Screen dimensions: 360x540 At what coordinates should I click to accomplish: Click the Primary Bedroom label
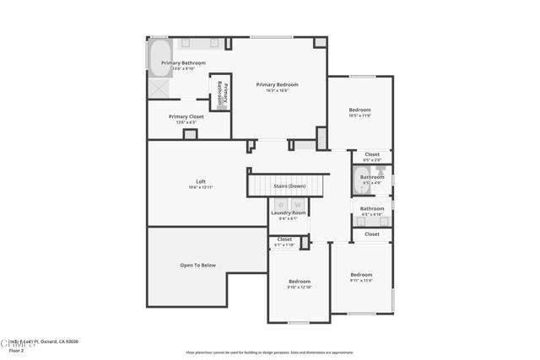278,84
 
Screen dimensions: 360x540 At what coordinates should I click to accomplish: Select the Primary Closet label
186,116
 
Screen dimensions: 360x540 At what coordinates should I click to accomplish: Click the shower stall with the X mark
159,89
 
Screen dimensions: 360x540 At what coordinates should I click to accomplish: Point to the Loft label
201,181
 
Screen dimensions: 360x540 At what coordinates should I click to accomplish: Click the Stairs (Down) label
289,185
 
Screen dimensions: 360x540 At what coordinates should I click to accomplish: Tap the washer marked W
297,205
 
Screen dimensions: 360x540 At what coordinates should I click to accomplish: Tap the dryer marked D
281,205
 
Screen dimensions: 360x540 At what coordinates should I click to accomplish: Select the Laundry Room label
288,212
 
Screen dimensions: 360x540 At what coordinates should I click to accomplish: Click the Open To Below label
198,265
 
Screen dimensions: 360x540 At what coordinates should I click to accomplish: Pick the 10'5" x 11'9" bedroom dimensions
360,116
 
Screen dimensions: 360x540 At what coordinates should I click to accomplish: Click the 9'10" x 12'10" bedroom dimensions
300,287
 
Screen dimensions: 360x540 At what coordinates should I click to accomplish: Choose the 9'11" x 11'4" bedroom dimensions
361,281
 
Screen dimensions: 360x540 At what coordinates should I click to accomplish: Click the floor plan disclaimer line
269,352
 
